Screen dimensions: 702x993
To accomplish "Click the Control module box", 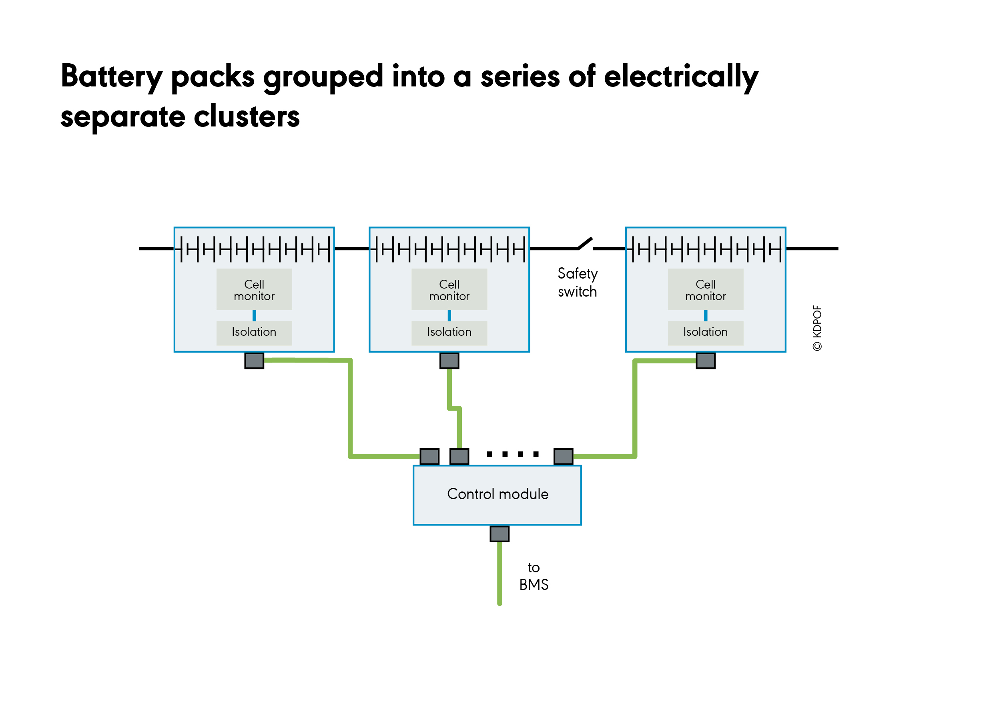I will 497,495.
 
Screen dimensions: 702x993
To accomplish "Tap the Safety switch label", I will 578,283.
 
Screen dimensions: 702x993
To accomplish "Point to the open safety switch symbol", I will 585,244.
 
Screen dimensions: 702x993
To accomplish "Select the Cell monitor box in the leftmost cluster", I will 254,289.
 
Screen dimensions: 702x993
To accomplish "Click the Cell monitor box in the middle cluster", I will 449,289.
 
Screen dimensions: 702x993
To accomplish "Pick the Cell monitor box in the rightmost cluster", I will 705,289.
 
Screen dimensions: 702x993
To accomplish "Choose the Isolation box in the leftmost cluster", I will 254,333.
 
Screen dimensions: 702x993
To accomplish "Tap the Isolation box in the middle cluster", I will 449,333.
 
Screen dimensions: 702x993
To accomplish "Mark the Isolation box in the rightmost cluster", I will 705,333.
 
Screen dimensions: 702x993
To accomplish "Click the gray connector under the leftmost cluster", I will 254,361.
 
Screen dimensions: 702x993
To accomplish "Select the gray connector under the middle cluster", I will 449,361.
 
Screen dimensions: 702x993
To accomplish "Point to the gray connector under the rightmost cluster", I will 706,361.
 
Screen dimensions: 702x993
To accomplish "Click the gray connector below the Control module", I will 500,534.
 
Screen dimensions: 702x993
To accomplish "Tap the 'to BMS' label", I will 534,576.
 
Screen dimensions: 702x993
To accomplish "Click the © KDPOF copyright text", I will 817,328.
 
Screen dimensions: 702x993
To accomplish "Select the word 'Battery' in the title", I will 112,77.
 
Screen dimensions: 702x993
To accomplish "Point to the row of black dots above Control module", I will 512,454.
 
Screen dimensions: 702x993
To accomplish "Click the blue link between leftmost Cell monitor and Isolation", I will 254,315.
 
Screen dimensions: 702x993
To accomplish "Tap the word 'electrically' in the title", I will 681,77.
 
